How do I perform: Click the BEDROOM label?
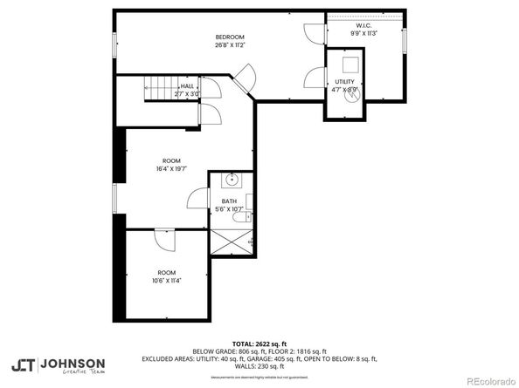pyautogui.click(x=231, y=36)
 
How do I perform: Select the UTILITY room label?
pyautogui.click(x=343, y=81)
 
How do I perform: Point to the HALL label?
pyautogui.click(x=187, y=86)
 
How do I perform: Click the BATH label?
pyautogui.click(x=229, y=201)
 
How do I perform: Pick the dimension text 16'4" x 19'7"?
pyautogui.click(x=172, y=169)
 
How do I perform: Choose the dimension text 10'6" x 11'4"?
pyautogui.click(x=166, y=281)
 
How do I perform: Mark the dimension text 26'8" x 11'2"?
pyautogui.click(x=231, y=44)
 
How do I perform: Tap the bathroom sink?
pyautogui.click(x=232, y=181)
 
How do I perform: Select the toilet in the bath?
pyautogui.click(x=249, y=204)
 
